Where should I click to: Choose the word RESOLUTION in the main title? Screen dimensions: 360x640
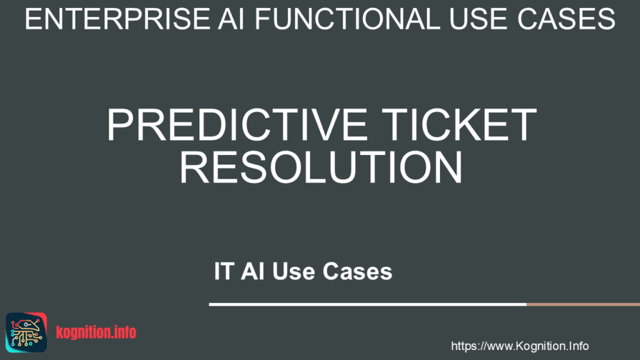(321, 166)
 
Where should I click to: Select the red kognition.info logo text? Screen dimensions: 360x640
(96, 332)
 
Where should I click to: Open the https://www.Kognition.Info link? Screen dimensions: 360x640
(519, 346)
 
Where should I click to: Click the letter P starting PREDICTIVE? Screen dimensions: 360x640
(119, 125)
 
